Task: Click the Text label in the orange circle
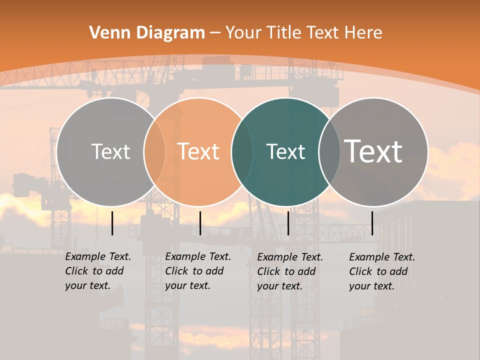click(x=198, y=151)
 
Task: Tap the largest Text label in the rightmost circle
click(x=373, y=151)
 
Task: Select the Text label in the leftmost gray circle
click(x=111, y=151)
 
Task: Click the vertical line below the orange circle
click(x=200, y=223)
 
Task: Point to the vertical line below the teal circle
click(x=288, y=223)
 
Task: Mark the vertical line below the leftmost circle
click(x=112, y=223)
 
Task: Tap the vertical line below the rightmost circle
click(x=372, y=223)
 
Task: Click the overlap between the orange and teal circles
click(x=242, y=151)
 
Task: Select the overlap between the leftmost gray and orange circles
click(x=154, y=151)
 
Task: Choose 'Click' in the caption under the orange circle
click(x=177, y=271)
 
